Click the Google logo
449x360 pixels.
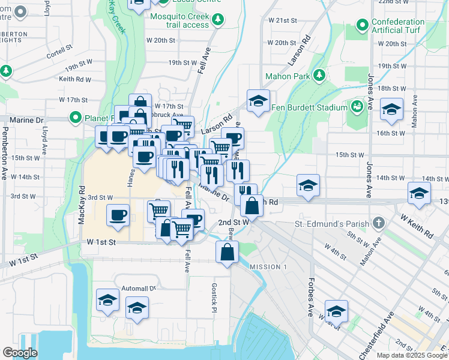20,353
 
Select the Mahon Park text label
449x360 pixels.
288,76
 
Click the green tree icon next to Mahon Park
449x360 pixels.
319,75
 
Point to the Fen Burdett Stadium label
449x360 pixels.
308,107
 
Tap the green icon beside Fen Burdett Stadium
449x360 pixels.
357,107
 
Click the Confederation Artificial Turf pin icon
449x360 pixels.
362,25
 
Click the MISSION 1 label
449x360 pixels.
264,266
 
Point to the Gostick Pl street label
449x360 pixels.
213,298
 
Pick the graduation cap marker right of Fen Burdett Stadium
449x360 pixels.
391,109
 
